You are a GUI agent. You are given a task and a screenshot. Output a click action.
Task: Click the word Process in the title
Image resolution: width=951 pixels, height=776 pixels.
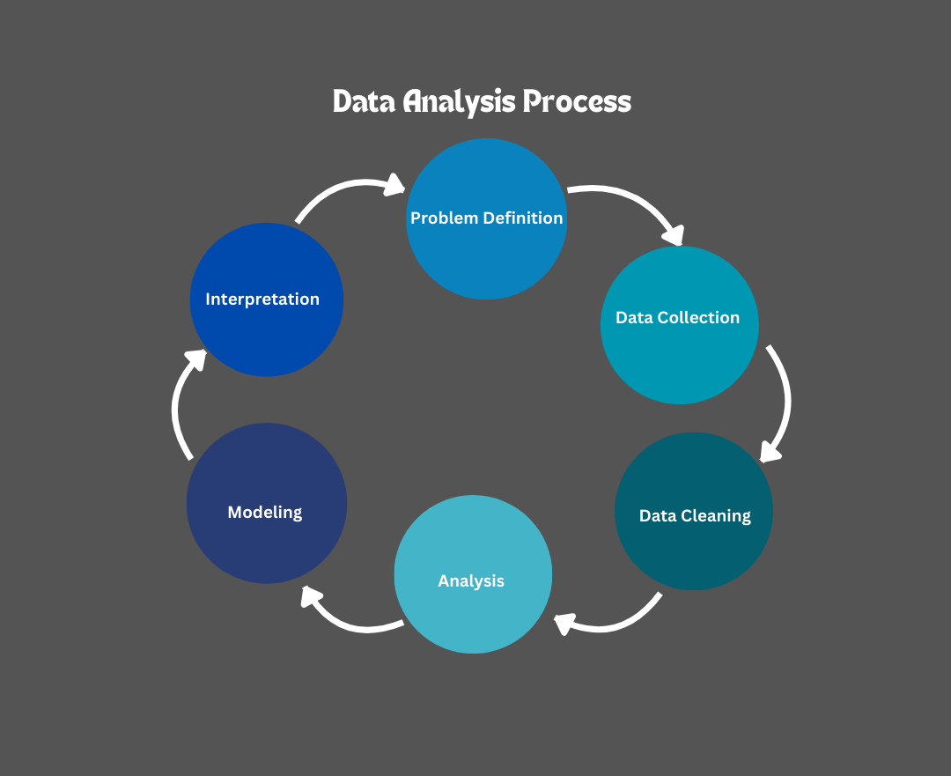[577, 102]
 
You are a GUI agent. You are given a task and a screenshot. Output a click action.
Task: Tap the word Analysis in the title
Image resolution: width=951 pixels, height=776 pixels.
[459, 102]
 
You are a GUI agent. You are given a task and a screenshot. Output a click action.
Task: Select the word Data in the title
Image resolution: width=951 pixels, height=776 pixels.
[365, 102]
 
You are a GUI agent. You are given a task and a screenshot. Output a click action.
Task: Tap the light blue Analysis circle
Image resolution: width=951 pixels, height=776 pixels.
[473, 608]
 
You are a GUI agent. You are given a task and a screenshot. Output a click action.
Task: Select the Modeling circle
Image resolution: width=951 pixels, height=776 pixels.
[266, 537]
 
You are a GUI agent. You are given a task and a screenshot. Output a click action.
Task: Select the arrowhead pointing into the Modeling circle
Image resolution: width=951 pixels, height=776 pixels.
[310, 598]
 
